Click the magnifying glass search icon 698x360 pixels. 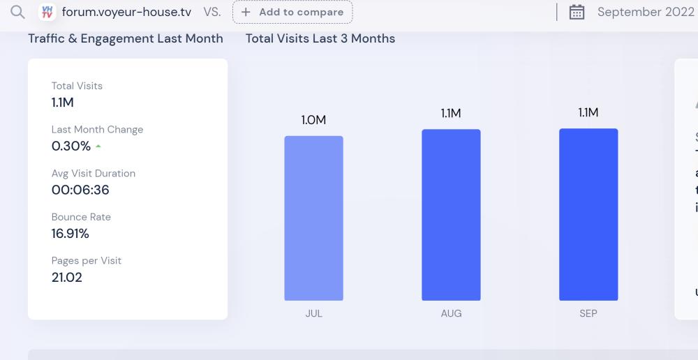(x=17, y=12)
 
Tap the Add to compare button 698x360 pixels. (x=292, y=12)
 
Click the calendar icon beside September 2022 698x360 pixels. (x=577, y=12)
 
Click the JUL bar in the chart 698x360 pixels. (x=313, y=218)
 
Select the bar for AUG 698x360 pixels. (x=451, y=215)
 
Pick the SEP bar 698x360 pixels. (x=588, y=214)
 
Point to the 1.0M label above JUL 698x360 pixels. (x=313, y=120)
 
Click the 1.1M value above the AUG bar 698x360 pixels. (x=451, y=113)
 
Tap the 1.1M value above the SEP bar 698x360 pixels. (x=588, y=112)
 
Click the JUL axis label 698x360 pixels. (x=313, y=314)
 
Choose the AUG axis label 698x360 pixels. (x=451, y=314)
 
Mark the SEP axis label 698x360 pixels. (x=588, y=314)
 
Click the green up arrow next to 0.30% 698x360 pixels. (x=98, y=147)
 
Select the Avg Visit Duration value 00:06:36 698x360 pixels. (x=80, y=190)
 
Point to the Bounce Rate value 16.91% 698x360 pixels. (x=70, y=234)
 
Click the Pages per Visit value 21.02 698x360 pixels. (x=67, y=277)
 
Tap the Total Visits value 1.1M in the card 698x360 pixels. (x=63, y=103)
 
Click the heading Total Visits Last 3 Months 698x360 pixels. (x=320, y=38)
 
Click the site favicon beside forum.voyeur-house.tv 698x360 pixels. (x=47, y=12)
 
